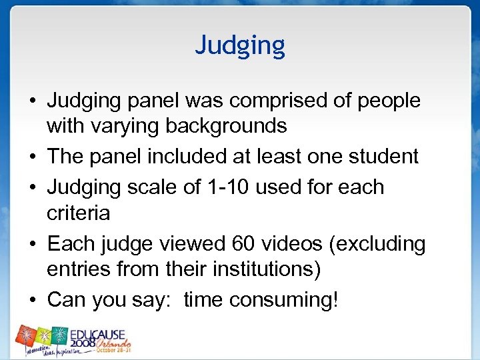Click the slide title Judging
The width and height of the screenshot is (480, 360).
coord(240,45)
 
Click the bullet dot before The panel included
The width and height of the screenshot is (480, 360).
coord(32,157)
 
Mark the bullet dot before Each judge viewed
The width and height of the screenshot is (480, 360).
coord(32,245)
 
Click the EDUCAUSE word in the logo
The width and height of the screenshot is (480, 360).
coord(101,333)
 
